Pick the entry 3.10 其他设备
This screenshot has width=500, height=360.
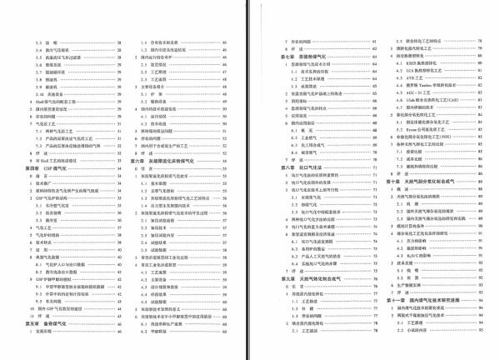click(x=58, y=93)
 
